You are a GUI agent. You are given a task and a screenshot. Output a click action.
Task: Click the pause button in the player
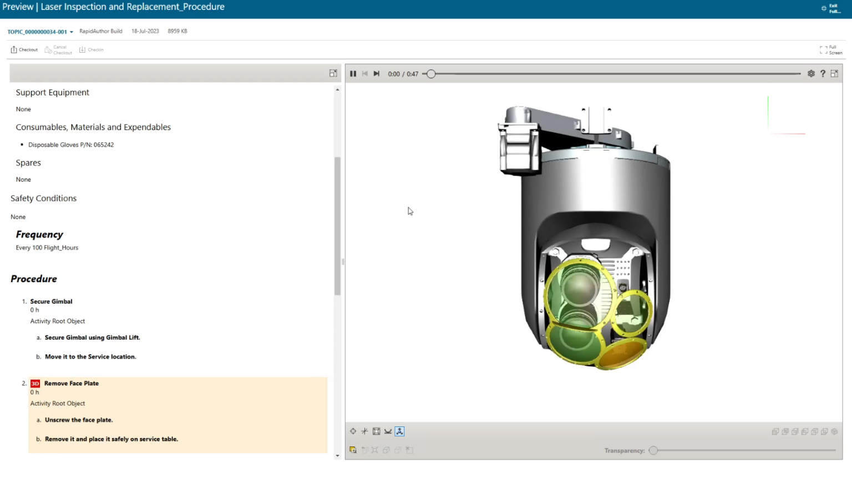coord(353,74)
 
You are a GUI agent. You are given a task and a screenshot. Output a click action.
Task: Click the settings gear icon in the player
coord(811,74)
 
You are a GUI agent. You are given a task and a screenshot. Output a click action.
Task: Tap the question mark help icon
coord(823,74)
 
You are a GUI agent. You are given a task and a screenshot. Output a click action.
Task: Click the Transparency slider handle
coord(653,450)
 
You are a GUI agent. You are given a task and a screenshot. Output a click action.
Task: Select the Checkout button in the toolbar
coord(24,50)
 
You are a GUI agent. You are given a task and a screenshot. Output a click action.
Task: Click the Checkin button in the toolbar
coord(92,50)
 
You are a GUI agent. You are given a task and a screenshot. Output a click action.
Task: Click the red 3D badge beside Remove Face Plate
coord(35,384)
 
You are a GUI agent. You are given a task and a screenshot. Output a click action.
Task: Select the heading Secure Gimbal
coord(51,302)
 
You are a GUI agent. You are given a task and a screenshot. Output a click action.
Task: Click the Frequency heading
coord(39,234)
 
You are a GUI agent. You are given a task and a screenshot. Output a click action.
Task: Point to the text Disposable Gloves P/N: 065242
coord(71,145)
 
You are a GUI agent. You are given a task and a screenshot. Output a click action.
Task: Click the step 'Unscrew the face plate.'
coord(79,420)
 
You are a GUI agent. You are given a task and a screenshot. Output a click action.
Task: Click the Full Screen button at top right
coord(831,50)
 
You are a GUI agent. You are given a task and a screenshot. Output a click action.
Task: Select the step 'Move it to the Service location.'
coord(90,357)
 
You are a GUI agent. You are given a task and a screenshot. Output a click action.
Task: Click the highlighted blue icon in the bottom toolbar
coord(399,431)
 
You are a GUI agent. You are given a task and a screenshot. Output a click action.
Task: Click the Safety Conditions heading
coord(43,198)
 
